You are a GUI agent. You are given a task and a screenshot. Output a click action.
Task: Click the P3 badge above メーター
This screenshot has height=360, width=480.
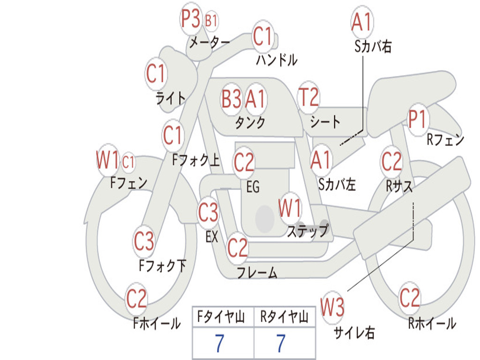pyautogui.click(x=191, y=20)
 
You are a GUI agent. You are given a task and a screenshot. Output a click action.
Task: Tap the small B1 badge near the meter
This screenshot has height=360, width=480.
pyautogui.click(x=211, y=21)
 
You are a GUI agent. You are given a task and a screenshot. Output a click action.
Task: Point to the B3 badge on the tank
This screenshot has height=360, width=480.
pyautogui.click(x=232, y=99)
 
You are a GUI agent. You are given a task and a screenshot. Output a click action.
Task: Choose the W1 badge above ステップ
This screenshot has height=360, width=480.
pyautogui.click(x=290, y=208)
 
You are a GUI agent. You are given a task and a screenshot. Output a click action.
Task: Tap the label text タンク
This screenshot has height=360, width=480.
pyautogui.click(x=250, y=123)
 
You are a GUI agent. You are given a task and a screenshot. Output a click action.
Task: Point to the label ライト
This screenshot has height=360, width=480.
pyautogui.click(x=171, y=98)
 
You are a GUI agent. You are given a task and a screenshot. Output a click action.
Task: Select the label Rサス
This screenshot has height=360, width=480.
pyautogui.click(x=399, y=186)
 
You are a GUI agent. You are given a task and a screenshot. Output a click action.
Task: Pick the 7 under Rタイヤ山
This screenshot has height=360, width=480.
pyautogui.click(x=281, y=344)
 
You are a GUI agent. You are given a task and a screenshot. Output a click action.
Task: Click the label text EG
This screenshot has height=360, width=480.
pyautogui.click(x=253, y=187)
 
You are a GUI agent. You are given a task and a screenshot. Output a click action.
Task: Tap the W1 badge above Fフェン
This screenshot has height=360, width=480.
pyautogui.click(x=107, y=160)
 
